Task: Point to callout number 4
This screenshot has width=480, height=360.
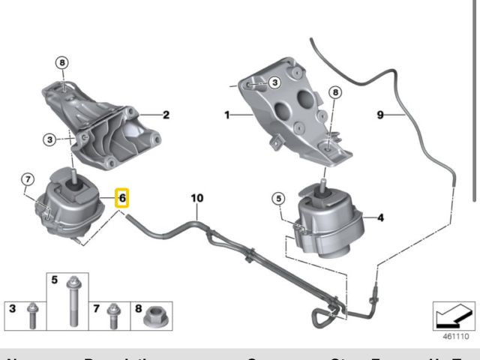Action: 381,218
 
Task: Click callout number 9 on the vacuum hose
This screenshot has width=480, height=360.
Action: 380,115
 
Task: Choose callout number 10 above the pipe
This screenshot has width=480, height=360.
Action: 196,198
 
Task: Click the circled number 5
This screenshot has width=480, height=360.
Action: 278,199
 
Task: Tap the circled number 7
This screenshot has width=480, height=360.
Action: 27,178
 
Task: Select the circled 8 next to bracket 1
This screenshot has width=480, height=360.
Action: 335,92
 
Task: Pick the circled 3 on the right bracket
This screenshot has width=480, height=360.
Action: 274,82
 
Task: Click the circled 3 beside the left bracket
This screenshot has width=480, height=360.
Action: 48,139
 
